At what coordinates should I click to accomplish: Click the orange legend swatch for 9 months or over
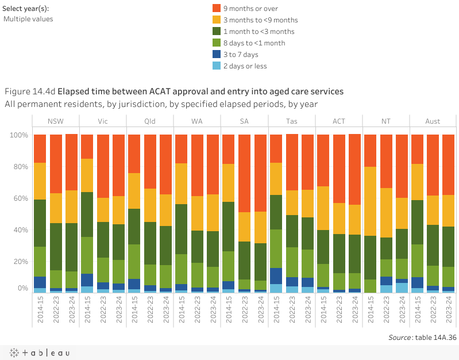(217, 8)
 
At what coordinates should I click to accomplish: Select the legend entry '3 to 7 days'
(241, 55)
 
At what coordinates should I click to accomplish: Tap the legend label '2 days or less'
(245, 66)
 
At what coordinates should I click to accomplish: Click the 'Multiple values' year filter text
(28, 19)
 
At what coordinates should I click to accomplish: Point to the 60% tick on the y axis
(19, 198)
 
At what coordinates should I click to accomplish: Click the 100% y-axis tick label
(18, 135)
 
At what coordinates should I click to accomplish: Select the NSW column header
(56, 121)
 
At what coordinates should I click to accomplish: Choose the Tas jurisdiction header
(291, 121)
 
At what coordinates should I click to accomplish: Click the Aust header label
(433, 121)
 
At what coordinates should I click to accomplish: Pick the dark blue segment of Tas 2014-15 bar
(276, 276)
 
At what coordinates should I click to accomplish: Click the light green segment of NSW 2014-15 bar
(40, 262)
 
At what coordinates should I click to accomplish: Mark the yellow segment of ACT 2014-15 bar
(323, 208)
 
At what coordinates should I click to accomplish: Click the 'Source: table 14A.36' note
(422, 338)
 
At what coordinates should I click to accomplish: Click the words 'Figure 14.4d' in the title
(30, 91)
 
